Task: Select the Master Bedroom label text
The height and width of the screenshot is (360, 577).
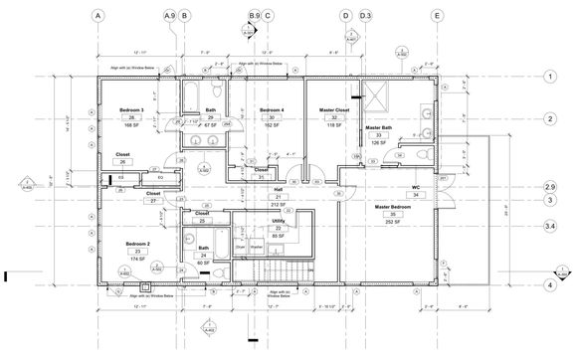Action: coord(393,206)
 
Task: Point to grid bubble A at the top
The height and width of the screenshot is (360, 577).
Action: coord(97,16)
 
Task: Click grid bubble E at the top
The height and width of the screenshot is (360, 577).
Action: coord(437,16)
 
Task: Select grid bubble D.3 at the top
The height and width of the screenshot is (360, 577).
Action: coord(365,16)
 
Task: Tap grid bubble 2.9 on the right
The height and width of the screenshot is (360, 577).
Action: coord(549,187)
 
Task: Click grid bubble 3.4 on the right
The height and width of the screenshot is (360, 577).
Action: coord(549,227)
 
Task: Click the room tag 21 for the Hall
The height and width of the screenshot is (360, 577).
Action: coord(279,197)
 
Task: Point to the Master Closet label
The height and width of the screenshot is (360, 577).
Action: coord(334,109)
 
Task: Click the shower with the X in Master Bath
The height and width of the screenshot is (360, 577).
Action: coord(378,99)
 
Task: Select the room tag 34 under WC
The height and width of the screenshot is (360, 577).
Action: coord(418,195)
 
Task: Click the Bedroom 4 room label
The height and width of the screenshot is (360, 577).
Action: coord(272,109)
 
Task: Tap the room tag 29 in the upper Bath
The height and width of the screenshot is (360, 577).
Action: coord(211,117)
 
